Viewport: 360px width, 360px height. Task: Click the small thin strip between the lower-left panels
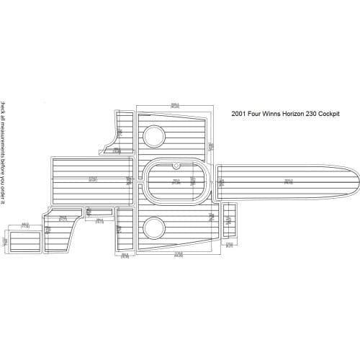pyautogui.click(x=99, y=212)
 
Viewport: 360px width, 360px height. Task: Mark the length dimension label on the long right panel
pyautogui.click(x=288, y=181)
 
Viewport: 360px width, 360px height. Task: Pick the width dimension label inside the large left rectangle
pyautogui.click(x=92, y=179)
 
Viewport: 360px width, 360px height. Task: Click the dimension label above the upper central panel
pyautogui.click(x=175, y=106)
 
